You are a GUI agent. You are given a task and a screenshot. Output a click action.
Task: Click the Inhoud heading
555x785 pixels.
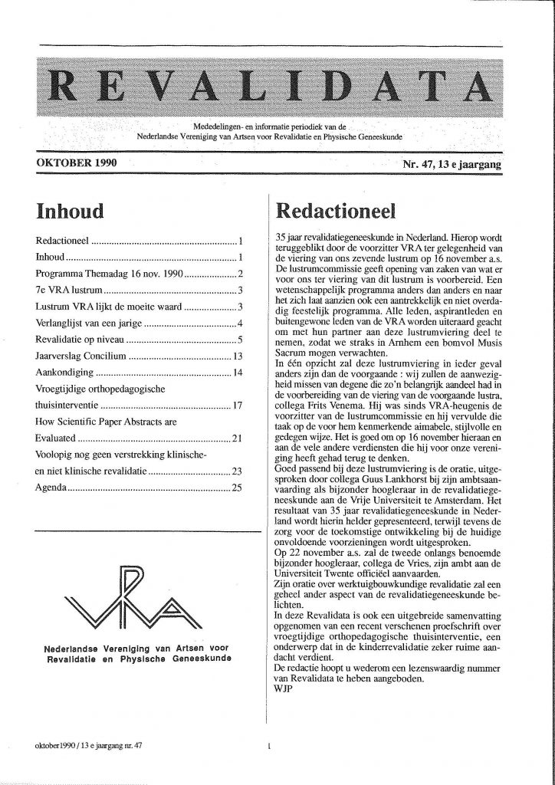69,209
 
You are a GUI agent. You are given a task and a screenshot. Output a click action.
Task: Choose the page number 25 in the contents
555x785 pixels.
237,487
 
